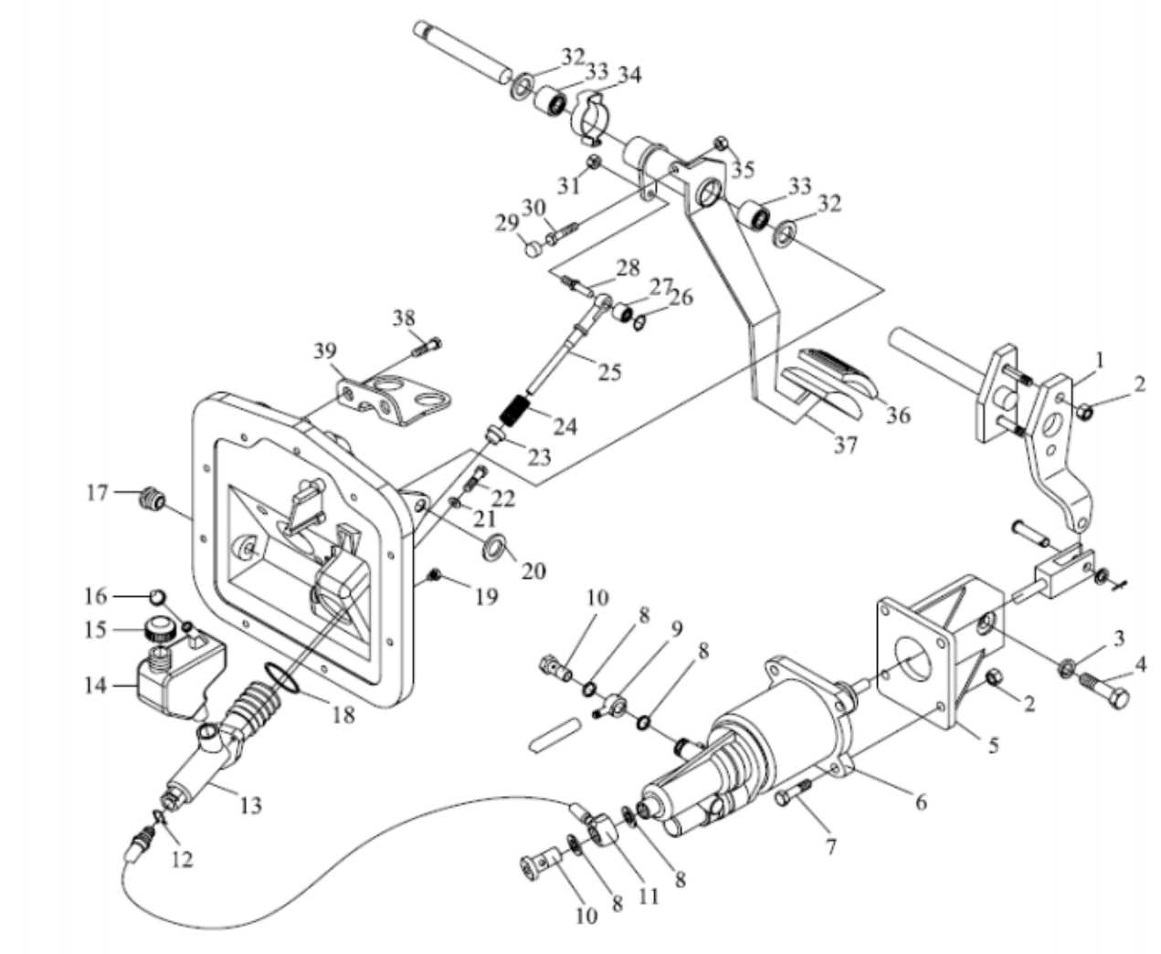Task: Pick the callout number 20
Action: (533, 571)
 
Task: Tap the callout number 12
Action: (183, 859)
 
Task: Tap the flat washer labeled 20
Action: (494, 547)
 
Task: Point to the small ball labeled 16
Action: (157, 597)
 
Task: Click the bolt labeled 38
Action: (427, 346)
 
